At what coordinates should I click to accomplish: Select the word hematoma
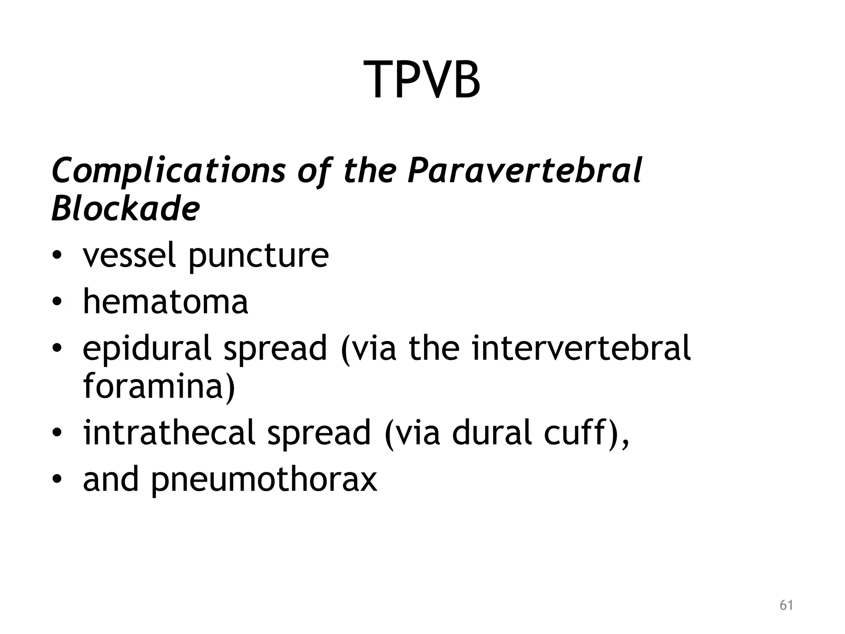coord(165,302)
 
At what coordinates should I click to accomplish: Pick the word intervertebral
coord(581,348)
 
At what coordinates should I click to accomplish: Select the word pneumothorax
coord(264,480)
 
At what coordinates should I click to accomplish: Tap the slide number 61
coord(786,605)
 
